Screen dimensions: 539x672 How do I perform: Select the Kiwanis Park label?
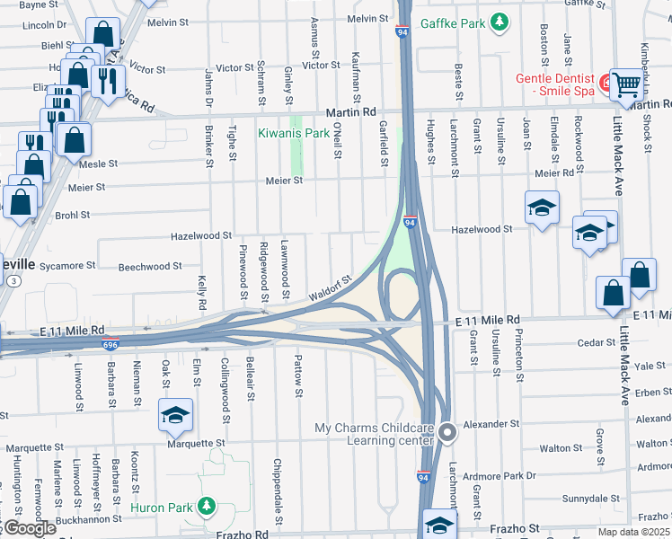pos(293,133)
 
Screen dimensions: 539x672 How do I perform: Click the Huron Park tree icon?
pos(207,508)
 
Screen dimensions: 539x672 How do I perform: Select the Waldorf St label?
pos(329,288)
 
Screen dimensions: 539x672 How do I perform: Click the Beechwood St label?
pos(151,267)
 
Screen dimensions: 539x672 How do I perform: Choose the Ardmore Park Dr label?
pos(508,476)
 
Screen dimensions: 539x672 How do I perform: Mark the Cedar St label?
pos(597,342)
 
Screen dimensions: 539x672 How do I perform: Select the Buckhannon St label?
pos(87,519)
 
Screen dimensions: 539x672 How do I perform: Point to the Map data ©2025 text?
pos(634,532)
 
